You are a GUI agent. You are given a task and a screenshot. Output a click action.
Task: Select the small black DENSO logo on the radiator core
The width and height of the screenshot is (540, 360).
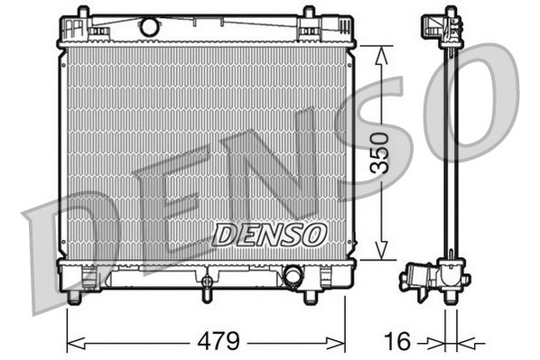pyautogui.click(x=269, y=235)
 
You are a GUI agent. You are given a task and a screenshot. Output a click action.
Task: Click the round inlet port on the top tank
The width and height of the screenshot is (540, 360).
pyautogui.click(x=150, y=27)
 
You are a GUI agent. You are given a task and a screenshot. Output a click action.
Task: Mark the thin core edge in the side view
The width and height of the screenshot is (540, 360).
pyautogui.click(x=449, y=153)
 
